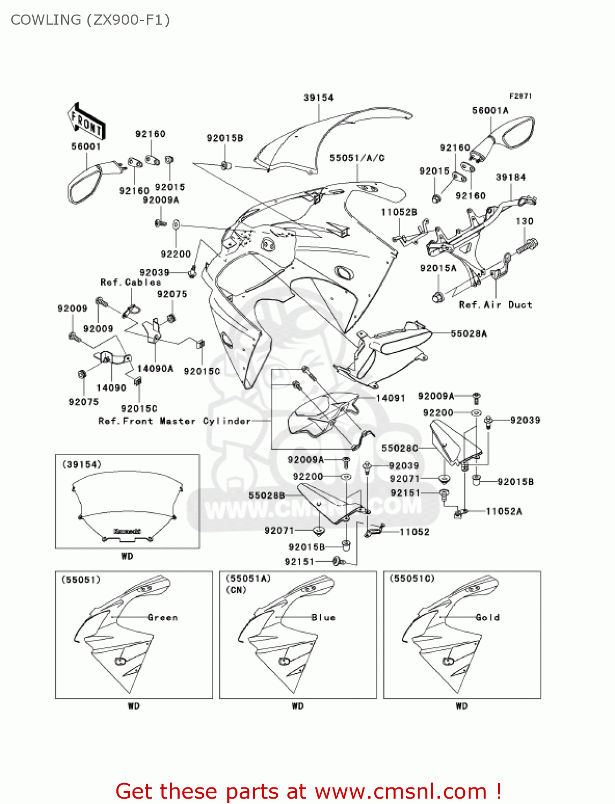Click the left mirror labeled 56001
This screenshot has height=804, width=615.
(86, 182)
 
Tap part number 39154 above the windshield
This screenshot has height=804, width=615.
(318, 98)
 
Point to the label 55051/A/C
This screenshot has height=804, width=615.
(357, 158)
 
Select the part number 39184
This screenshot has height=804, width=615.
(510, 177)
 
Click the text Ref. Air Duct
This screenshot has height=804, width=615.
(495, 304)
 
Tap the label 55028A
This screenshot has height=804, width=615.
(469, 333)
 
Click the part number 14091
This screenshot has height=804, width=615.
(390, 398)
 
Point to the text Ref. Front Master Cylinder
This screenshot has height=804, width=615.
(174, 421)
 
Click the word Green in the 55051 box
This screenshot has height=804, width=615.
(162, 617)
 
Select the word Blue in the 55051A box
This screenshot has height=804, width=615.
(323, 617)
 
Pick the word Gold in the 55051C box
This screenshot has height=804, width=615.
(487, 617)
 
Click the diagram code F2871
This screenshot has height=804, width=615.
(520, 96)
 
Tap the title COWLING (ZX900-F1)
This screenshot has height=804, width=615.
(90, 20)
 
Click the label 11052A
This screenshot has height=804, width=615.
(503, 511)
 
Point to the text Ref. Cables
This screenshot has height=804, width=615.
(130, 282)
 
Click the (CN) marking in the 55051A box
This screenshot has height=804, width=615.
(236, 590)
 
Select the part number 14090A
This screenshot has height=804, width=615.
(155, 368)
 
